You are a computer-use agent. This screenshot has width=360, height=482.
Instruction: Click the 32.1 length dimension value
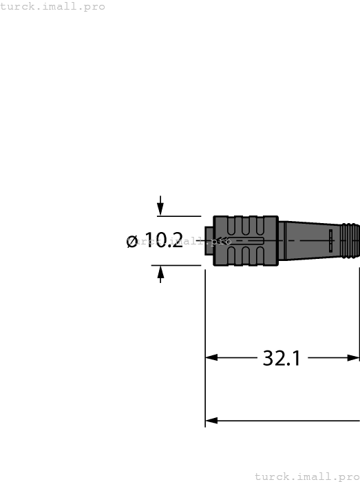tap(282, 358)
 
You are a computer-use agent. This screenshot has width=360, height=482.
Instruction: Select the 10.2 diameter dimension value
tap(164, 240)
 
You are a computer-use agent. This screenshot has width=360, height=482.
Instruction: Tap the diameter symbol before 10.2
tap(133, 241)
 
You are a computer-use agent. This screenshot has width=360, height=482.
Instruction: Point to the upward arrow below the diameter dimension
tap(160, 274)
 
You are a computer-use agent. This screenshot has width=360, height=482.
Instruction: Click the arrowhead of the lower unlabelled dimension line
tap(211, 420)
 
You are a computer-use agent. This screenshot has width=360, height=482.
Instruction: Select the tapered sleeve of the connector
tap(310, 240)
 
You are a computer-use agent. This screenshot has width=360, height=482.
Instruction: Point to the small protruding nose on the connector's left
tap(209, 240)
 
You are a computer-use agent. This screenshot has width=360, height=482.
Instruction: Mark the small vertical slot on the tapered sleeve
tap(330, 241)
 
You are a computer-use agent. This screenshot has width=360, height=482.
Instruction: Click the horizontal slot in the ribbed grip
tap(248, 241)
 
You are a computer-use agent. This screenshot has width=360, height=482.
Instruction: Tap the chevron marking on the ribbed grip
tap(222, 241)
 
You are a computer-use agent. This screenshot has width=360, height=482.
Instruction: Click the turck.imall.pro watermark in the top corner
tap(53, 6)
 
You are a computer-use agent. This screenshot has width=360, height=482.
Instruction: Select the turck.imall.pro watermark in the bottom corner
tap(307, 476)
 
